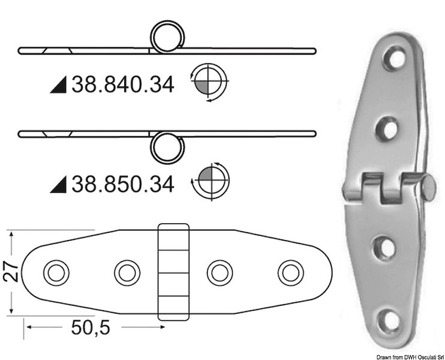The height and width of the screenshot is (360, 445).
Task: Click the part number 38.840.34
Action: (x=122, y=86)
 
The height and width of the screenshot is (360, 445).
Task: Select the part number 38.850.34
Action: (x=122, y=183)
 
